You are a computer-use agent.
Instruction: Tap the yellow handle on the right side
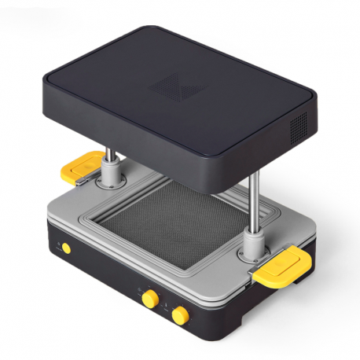point(283,264)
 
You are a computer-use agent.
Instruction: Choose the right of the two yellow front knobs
point(180,314)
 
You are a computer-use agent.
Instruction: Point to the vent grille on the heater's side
point(300,127)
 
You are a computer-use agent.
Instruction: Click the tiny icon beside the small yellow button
point(57,245)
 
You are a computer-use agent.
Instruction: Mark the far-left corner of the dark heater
point(43,79)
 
